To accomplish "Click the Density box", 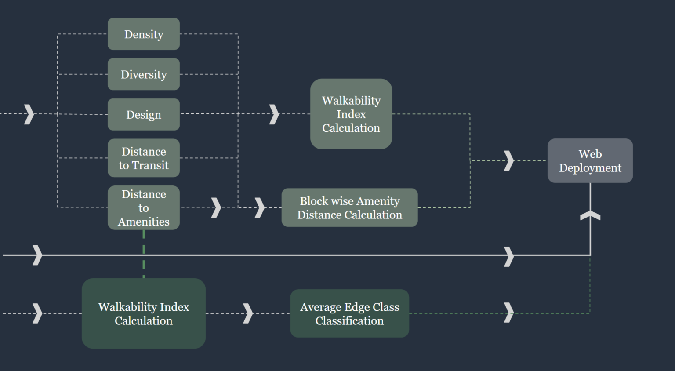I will [x=144, y=34].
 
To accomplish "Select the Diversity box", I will [x=144, y=74].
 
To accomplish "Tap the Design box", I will [x=144, y=114].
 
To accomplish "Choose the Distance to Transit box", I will [x=144, y=158].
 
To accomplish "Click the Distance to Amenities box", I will [x=144, y=207].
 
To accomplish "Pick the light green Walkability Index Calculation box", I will [x=351, y=114].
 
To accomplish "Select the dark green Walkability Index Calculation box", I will [x=144, y=313].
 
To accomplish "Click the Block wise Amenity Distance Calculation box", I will [x=349, y=207].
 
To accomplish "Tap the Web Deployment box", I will [x=590, y=161].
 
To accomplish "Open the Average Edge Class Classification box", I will [x=349, y=313].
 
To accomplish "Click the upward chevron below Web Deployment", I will [x=590, y=215].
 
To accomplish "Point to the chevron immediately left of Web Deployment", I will [x=509, y=160].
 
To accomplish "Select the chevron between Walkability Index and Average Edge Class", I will [x=248, y=313].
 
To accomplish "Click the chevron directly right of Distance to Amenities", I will [x=216, y=207].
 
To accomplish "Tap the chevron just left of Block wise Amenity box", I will [x=260, y=207].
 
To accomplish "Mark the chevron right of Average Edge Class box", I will [x=509, y=313].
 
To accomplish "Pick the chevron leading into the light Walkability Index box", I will [x=274, y=114].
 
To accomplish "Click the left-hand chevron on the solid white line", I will [x=38, y=255].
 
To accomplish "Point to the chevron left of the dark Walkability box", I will [x=38, y=313].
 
